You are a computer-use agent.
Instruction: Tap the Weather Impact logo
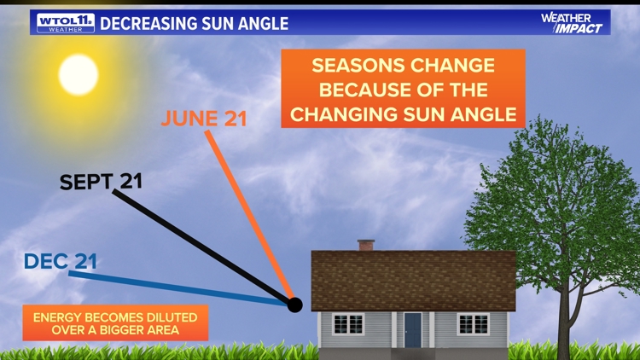(x=571, y=23)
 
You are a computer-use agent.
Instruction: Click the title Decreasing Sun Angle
(x=194, y=23)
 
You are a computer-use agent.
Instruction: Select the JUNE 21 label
(x=203, y=119)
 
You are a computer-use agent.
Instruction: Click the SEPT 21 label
(x=101, y=182)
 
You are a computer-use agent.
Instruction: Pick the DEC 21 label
(x=61, y=261)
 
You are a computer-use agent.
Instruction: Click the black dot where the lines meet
(x=295, y=305)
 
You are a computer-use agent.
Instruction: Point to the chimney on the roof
(x=366, y=245)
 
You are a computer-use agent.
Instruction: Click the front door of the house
(x=412, y=329)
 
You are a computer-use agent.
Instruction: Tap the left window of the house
(x=348, y=324)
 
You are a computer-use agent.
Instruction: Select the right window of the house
(x=473, y=324)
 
